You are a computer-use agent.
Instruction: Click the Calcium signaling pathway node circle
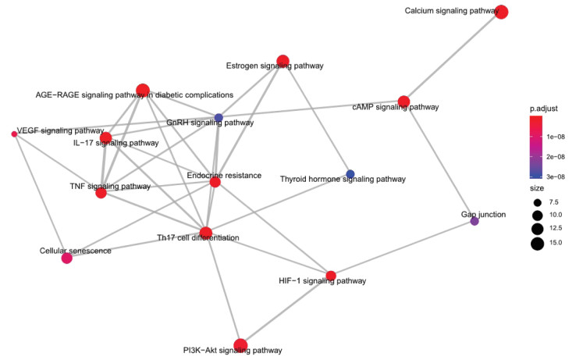click(x=502, y=12)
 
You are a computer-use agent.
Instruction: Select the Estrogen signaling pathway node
click(x=283, y=61)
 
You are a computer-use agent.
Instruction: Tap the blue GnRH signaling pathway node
click(x=219, y=118)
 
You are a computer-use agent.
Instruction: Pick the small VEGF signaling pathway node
click(x=15, y=134)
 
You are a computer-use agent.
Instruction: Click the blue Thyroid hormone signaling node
click(x=350, y=174)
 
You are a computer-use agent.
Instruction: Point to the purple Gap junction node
click(x=475, y=221)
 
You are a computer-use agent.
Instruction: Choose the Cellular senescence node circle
click(x=66, y=258)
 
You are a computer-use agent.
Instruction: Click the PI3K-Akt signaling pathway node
click(x=240, y=345)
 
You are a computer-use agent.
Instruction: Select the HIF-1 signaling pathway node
click(x=331, y=276)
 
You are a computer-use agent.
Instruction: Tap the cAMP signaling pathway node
click(x=403, y=102)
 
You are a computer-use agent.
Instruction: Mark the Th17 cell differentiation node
click(x=206, y=233)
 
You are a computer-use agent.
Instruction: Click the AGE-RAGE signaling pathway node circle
click(x=143, y=91)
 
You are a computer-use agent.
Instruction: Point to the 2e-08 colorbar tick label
click(x=556, y=157)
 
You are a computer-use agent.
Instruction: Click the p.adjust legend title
click(x=544, y=109)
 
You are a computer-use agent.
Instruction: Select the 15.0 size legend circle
click(x=537, y=244)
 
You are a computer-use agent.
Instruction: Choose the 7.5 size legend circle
click(x=537, y=203)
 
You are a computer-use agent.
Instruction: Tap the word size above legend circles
click(x=536, y=188)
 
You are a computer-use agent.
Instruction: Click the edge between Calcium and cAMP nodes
click(x=453, y=56)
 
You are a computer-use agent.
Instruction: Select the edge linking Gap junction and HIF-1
click(x=403, y=248)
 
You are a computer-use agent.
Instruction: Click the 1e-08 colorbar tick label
click(x=556, y=137)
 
